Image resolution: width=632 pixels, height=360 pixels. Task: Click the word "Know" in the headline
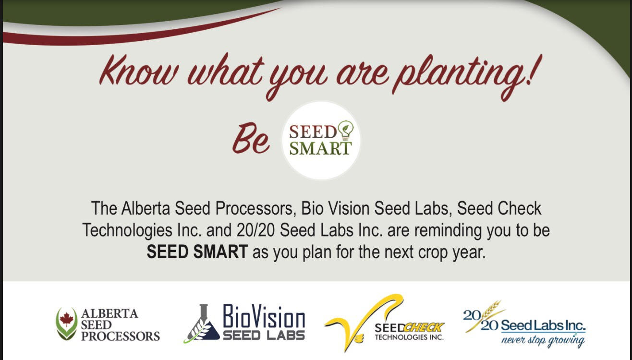[139, 71]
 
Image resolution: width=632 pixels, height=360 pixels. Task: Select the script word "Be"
[251, 138]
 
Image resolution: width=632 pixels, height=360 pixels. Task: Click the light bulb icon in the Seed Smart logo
[346, 130]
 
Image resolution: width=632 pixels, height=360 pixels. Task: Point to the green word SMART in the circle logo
[321, 148]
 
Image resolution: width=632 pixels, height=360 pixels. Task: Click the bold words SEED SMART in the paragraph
[197, 252]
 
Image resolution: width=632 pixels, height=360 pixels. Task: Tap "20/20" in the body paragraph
[255, 230]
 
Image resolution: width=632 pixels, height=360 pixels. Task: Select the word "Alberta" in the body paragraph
[146, 208]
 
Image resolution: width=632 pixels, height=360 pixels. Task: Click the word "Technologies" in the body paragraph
[128, 230]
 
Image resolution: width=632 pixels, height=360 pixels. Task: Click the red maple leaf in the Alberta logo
[66, 319]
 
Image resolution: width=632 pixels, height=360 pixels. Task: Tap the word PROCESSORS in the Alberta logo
[121, 336]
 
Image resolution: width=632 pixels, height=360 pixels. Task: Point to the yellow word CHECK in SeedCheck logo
[424, 328]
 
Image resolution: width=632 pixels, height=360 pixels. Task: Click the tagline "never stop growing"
[543, 340]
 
